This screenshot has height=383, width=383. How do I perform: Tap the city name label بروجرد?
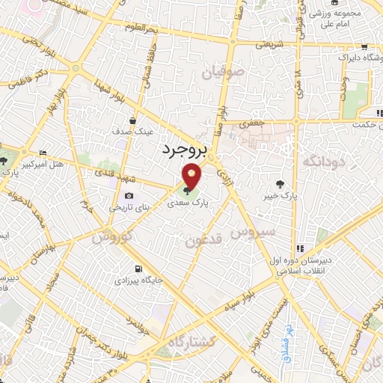(x=183, y=150)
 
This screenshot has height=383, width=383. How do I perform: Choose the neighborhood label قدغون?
(x=203, y=239)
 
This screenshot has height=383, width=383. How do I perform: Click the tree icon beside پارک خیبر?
(x=280, y=183)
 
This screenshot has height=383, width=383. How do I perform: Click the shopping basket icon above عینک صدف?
(x=133, y=120)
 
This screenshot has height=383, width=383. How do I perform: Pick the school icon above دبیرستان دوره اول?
(x=300, y=248)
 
